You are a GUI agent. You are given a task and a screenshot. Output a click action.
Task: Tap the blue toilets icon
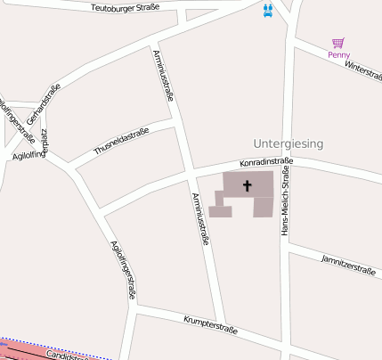point(268,11)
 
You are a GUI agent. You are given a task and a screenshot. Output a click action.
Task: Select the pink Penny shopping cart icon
point(338,43)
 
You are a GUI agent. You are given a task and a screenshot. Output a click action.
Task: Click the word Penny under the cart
point(338,54)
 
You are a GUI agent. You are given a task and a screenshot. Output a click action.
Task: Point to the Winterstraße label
point(362,69)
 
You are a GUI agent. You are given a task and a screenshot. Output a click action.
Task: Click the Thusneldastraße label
point(121,141)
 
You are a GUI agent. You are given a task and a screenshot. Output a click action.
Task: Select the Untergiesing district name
point(288,143)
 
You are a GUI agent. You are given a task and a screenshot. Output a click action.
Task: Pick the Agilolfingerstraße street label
point(123,268)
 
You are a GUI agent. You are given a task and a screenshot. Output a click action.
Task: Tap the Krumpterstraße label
point(210,323)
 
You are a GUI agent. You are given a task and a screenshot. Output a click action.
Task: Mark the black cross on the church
point(247,186)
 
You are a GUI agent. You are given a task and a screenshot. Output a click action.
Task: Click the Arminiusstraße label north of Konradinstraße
point(165,81)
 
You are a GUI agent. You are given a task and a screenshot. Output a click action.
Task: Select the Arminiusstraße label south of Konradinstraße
point(200,218)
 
